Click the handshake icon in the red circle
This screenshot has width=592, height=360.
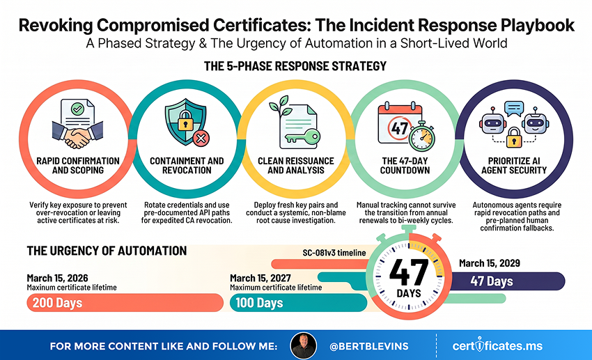(77, 134)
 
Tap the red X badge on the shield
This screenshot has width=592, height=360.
(201, 138)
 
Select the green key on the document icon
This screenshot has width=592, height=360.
(303, 137)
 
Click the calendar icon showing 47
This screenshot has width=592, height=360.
(399, 123)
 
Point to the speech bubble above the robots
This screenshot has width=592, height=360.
(514, 109)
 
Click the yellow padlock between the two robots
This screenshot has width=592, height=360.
(513, 137)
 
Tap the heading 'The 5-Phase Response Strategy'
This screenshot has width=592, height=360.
(295, 66)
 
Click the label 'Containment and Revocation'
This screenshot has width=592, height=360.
(187, 165)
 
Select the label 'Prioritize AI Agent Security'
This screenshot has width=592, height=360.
(514, 165)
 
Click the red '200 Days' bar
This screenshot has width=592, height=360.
(125, 303)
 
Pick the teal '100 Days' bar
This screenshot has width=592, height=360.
(298, 303)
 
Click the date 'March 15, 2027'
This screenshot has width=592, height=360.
(260, 278)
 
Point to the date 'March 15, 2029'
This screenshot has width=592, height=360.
(490, 263)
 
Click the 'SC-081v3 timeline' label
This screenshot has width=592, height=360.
(334, 253)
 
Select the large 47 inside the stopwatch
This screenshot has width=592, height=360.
(409, 272)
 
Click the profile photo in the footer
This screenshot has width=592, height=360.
(303, 345)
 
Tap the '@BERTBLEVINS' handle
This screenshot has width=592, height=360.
(369, 346)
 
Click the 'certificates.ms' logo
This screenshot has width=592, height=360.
(497, 345)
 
